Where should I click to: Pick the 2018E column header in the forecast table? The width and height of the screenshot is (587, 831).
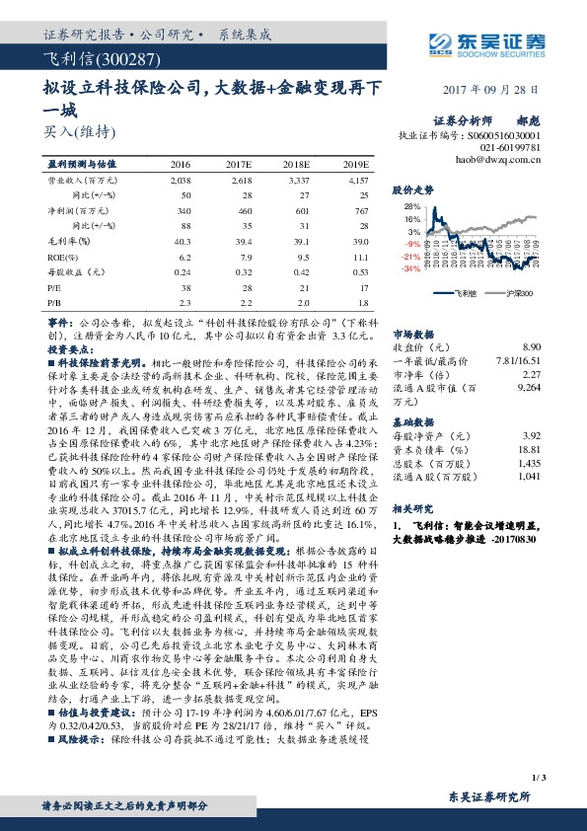click(297, 164)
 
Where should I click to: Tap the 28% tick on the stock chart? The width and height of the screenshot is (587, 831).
click(412, 207)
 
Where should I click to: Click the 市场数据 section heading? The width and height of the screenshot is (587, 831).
click(414, 334)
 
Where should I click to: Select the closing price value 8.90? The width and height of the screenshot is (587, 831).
click(532, 347)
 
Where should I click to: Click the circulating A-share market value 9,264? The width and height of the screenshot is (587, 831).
click(530, 391)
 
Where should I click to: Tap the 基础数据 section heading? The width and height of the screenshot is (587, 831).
click(414, 419)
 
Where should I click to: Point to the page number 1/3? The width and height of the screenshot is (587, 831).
click(538, 752)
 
